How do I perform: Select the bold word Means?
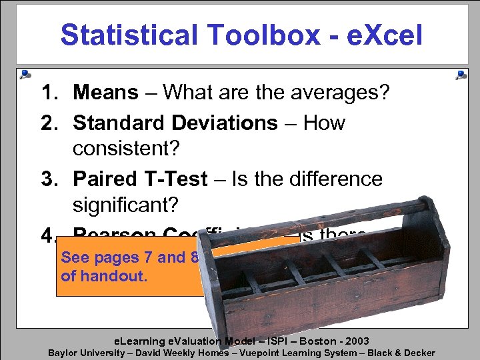pos(106,92)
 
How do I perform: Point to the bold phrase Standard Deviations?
pos(175,123)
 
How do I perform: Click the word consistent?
pos(126,148)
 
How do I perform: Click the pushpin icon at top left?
pos(25,74)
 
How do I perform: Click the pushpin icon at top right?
pos(461,75)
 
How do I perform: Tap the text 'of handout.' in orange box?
pos(104,275)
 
